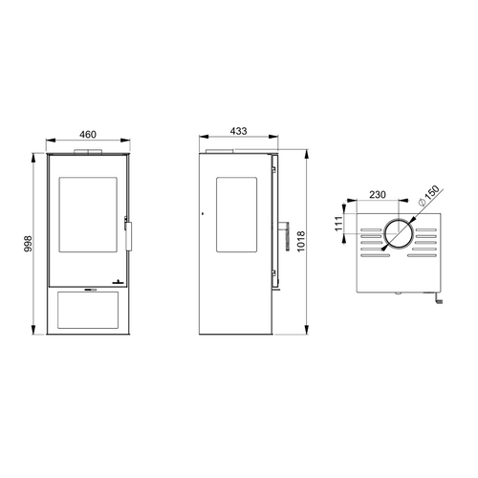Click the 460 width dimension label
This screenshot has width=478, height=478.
[88, 135]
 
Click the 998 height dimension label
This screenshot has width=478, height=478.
[29, 244]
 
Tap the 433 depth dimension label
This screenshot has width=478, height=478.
[238, 131]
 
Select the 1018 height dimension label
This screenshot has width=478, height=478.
[301, 242]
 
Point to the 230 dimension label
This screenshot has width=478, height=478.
[378, 194]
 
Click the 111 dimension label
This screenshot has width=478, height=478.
[338, 224]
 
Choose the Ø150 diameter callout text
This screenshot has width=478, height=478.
[428, 196]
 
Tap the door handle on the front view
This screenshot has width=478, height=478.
[128, 235]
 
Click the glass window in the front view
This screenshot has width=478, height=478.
[88, 215]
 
